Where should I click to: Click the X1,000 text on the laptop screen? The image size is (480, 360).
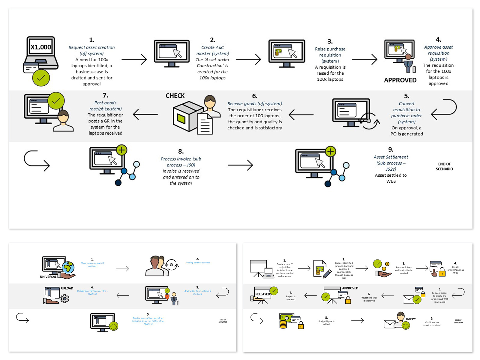41,47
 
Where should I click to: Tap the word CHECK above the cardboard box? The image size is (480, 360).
175,96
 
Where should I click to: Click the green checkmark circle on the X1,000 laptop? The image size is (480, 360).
41,78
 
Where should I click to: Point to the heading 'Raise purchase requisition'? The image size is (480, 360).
330,52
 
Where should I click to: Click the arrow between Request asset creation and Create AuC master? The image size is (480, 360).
134,59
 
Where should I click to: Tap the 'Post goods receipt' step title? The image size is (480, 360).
105,106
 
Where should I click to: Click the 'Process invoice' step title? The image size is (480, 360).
181,162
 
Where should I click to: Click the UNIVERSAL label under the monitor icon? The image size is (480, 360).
48,277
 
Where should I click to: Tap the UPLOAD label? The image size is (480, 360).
67,288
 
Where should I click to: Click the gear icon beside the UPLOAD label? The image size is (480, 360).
65,298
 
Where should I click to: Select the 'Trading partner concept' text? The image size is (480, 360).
198,262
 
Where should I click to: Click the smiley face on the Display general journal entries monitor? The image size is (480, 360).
114,326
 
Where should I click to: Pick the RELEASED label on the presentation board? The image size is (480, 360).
262,294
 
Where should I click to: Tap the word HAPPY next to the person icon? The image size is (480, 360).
411,319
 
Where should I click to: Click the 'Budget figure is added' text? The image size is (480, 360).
326,323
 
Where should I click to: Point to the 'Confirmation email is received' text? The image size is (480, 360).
432,324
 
